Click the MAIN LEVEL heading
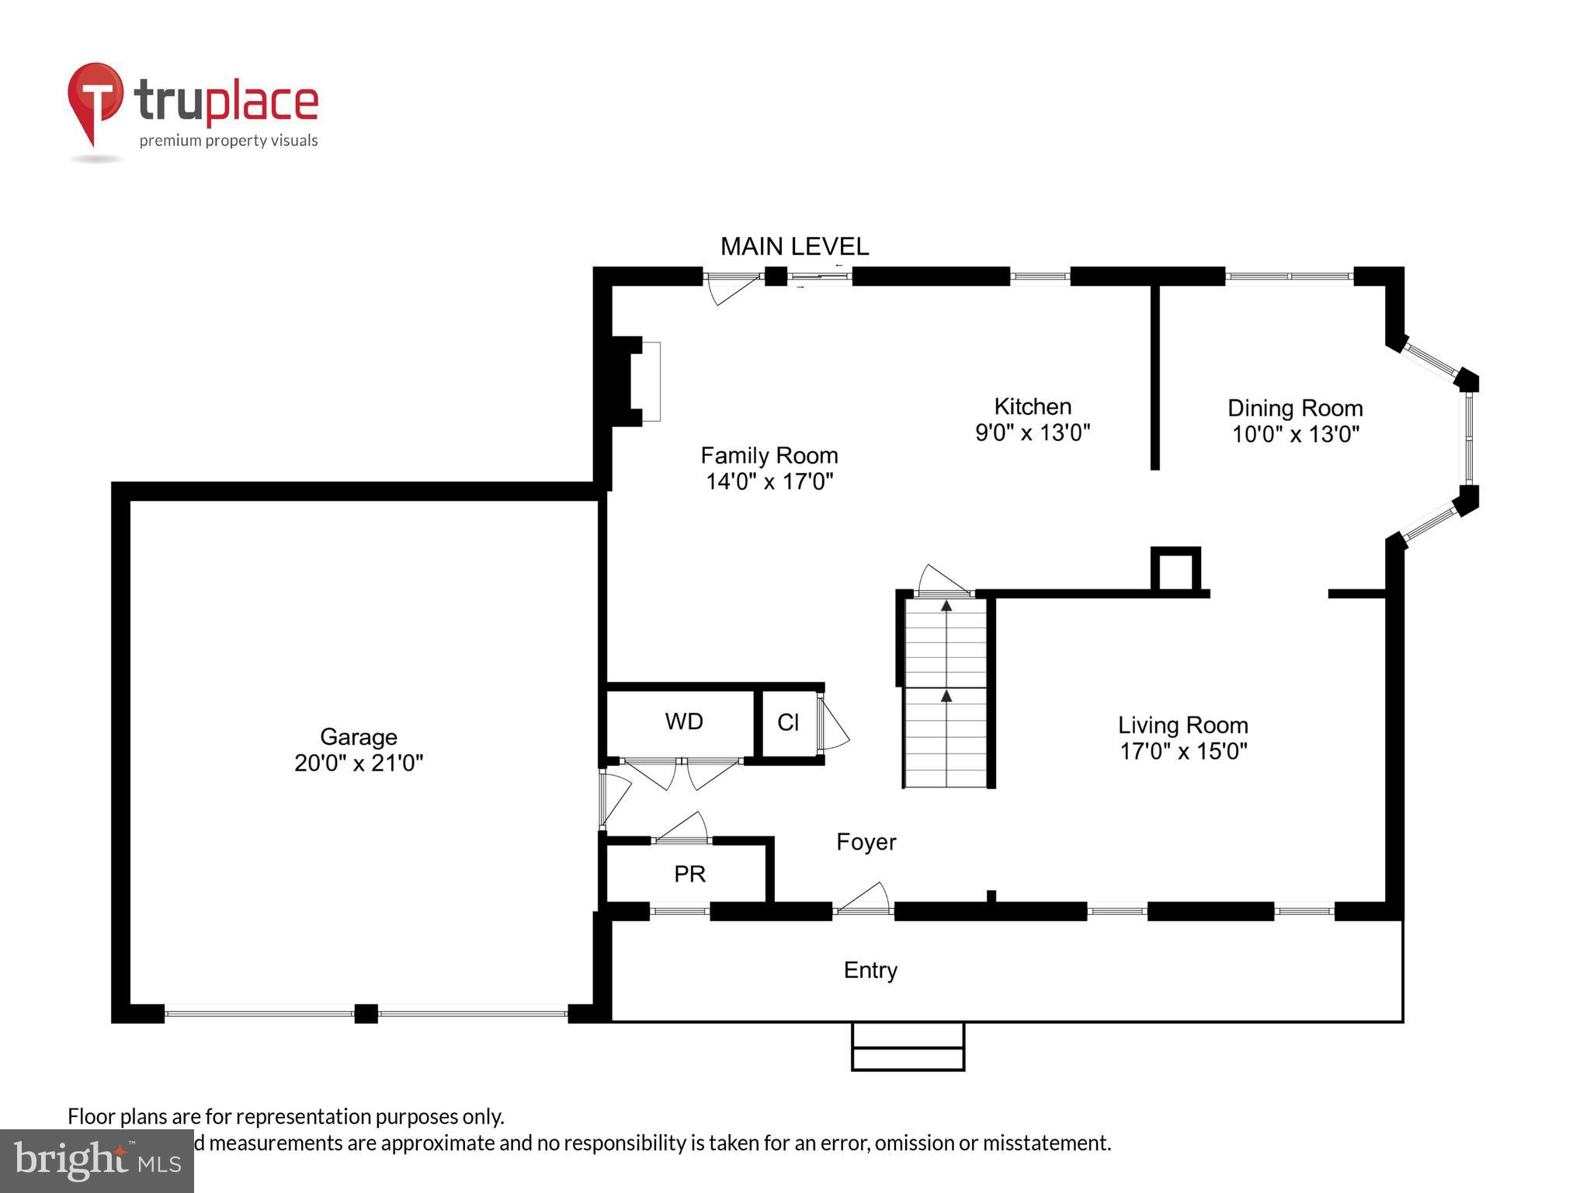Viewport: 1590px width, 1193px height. click(x=794, y=247)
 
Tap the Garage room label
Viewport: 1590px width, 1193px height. click(x=358, y=736)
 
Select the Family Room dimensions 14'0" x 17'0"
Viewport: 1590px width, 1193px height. click(x=769, y=482)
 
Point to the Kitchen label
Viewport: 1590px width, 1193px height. click(x=1033, y=406)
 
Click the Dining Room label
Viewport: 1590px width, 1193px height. click(x=1294, y=408)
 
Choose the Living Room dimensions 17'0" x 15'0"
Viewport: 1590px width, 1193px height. click(x=1182, y=751)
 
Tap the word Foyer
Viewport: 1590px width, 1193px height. click(x=866, y=842)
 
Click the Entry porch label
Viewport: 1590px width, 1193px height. click(x=870, y=970)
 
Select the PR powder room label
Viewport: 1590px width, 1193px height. click(x=689, y=874)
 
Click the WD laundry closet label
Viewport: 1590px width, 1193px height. click(x=683, y=722)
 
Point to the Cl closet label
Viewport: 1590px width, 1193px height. click(x=787, y=722)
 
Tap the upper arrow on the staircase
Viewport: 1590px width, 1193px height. click(x=946, y=606)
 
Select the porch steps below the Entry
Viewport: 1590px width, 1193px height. click(x=908, y=1046)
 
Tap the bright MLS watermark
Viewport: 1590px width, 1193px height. click(x=96, y=1160)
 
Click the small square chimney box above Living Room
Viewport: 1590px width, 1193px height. click(x=1175, y=570)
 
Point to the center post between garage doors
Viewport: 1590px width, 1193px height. click(x=366, y=1013)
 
